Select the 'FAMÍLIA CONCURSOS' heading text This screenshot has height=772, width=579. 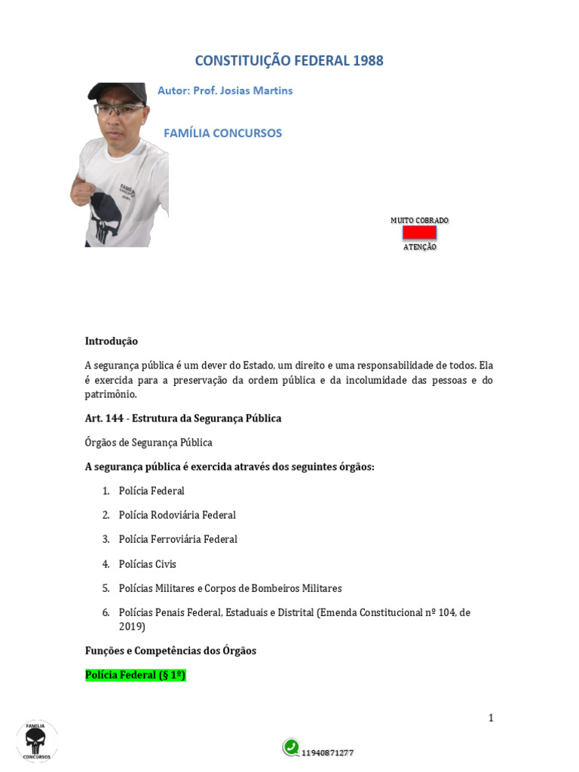pos(222,133)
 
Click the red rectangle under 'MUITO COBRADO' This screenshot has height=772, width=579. pos(419,233)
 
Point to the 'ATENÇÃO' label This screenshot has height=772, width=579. pos(419,247)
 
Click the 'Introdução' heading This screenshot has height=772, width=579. pos(112,342)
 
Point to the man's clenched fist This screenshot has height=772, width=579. pos(81,188)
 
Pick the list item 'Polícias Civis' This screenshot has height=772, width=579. pos(148,564)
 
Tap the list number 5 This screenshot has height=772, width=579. pos(106,588)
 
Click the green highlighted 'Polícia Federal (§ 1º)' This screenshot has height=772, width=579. pos(136,675)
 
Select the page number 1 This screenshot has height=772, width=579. pos(491,718)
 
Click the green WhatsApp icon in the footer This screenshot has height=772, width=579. pos(291,747)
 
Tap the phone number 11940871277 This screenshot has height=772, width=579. pos(328,752)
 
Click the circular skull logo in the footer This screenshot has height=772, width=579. pos(36,740)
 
